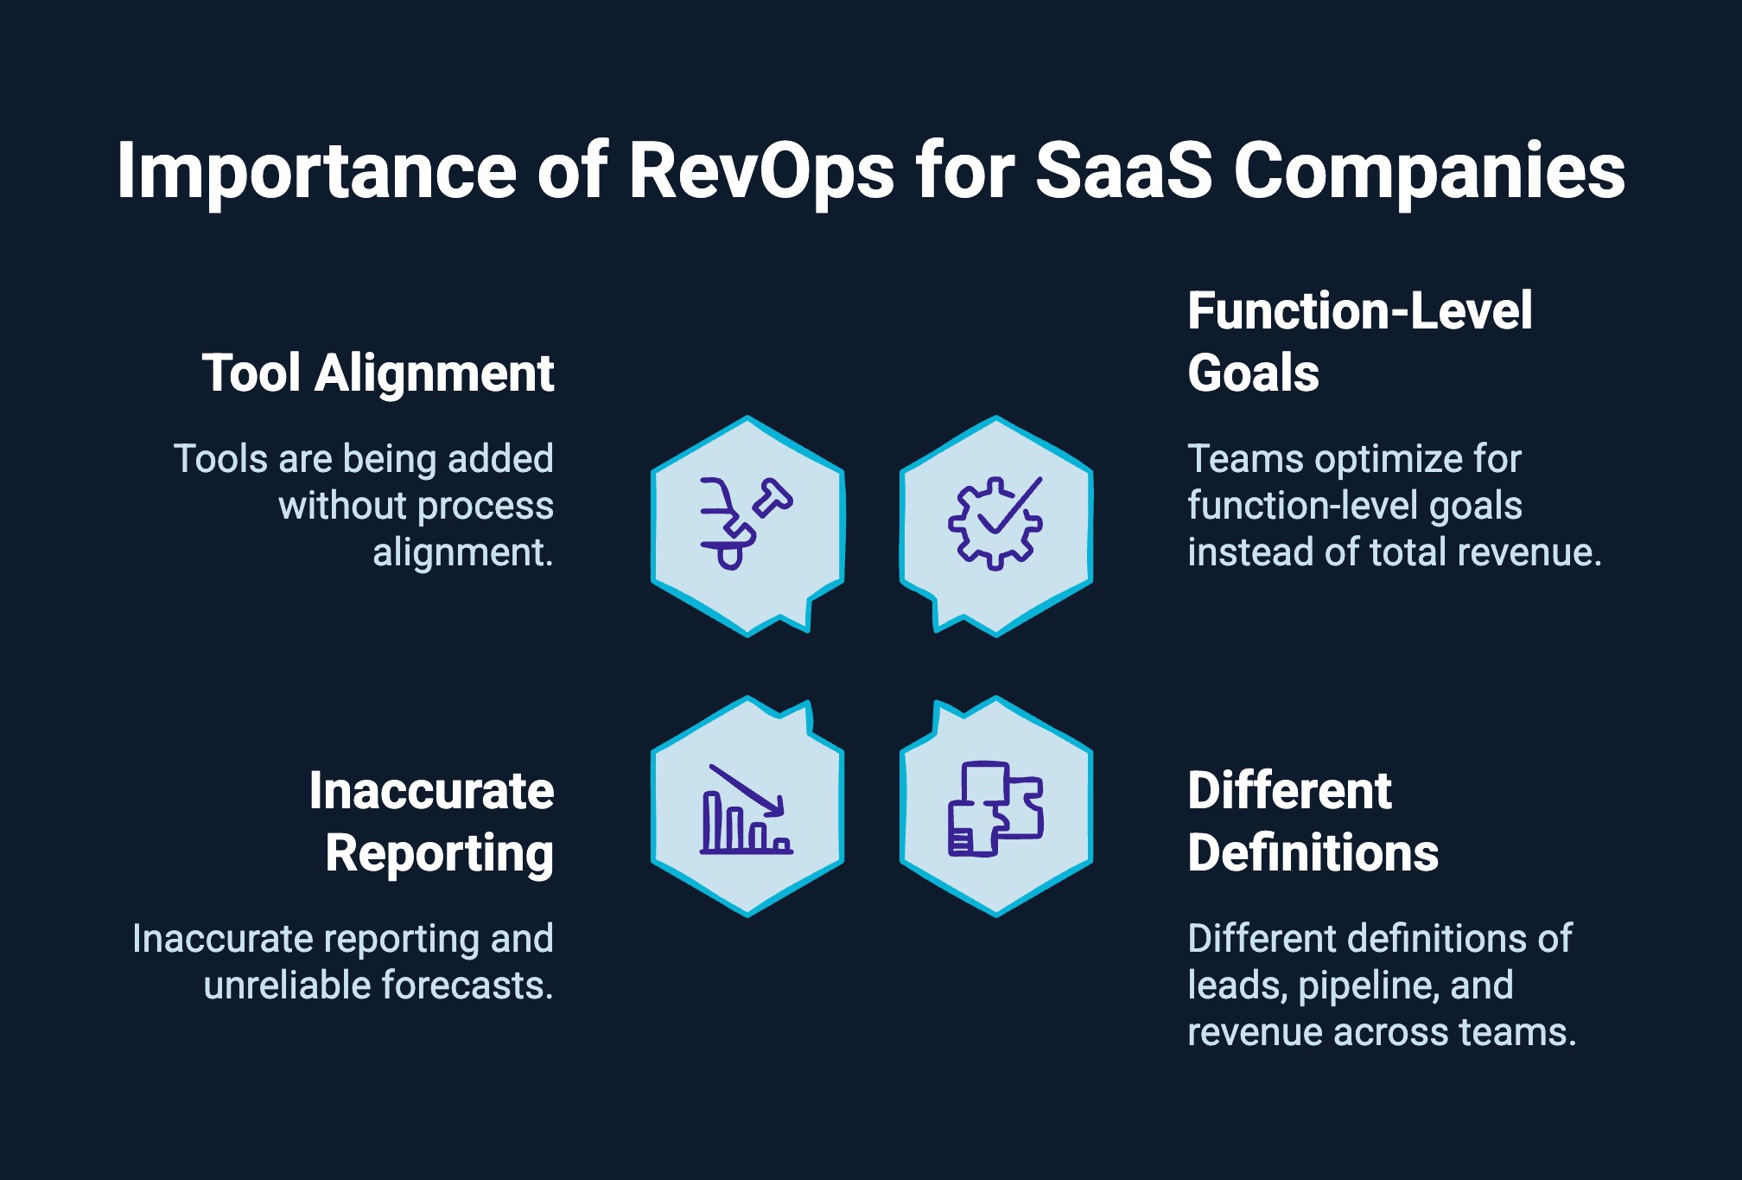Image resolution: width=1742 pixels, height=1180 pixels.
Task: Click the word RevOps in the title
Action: (x=760, y=170)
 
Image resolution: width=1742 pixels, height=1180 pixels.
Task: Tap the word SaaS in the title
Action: (x=1123, y=170)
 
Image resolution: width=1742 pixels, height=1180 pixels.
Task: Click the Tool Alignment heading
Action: (x=378, y=373)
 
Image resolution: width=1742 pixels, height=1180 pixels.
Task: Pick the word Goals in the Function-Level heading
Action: (x=1253, y=373)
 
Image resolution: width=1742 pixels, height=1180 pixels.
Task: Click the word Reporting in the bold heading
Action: (x=439, y=853)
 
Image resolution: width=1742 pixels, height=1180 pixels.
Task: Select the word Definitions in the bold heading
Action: (x=1313, y=853)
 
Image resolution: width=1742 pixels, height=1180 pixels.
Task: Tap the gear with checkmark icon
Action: (x=995, y=524)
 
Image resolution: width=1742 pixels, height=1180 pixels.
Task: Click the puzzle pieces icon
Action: (x=995, y=808)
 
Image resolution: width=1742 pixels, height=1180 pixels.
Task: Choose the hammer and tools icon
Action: (x=745, y=524)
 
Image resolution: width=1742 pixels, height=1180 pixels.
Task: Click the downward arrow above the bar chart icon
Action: (x=748, y=789)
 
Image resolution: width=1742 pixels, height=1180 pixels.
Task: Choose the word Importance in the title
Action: (x=316, y=170)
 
